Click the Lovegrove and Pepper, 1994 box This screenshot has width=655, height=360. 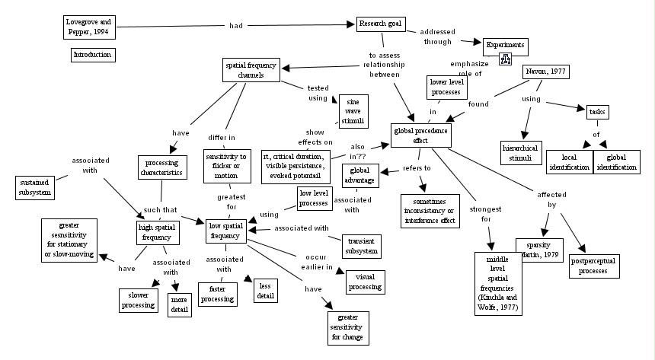coord(90,27)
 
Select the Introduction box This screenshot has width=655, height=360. coord(92,55)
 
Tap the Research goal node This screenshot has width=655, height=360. coord(380,24)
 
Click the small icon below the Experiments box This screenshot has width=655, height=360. coord(504,59)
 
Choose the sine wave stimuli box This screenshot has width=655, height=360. coord(353,110)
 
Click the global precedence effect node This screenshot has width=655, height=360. coord(421,135)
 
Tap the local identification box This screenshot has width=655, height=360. coord(570,162)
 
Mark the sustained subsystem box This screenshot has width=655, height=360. coord(34,187)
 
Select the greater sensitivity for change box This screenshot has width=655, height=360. coord(347,327)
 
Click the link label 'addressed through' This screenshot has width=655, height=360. coord(438,37)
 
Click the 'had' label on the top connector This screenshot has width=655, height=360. coord(236,26)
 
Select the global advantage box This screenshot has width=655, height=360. coord(359,174)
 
